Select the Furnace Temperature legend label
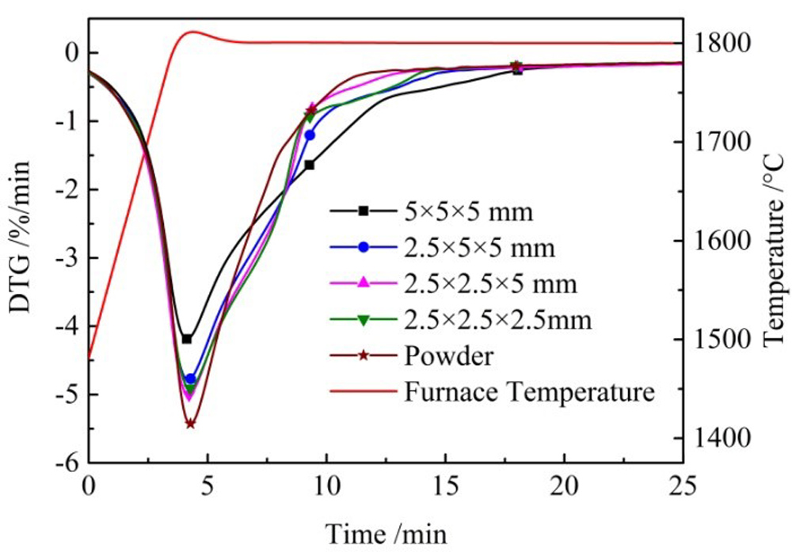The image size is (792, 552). click(x=529, y=391)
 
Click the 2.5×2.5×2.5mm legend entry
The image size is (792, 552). click(x=497, y=319)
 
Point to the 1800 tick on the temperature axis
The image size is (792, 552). click(x=722, y=43)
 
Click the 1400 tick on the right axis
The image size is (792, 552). click(x=722, y=438)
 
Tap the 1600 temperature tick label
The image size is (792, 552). click(x=722, y=241)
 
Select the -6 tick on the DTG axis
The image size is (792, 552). click(x=69, y=463)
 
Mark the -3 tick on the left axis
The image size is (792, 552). click(x=69, y=257)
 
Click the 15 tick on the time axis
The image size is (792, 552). click(x=445, y=483)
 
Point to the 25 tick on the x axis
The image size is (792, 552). click(x=682, y=483)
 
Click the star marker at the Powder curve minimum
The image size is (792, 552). click(x=190, y=424)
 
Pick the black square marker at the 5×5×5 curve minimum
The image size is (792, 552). click(x=187, y=339)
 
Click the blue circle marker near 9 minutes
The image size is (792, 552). click(x=310, y=135)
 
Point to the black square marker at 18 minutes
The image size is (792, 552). click(x=517, y=70)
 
